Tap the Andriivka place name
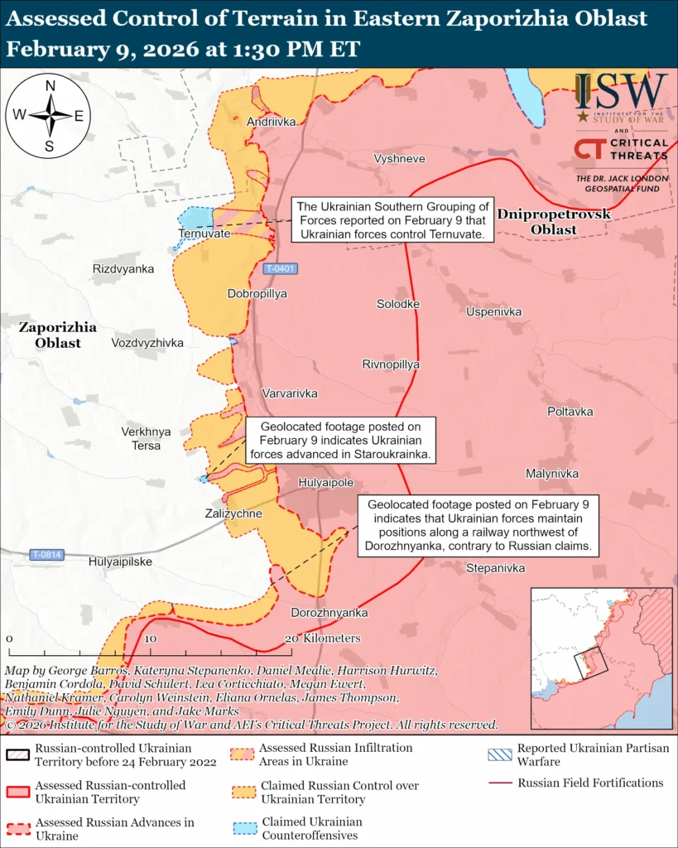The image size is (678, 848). (x=271, y=122)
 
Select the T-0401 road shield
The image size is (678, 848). (x=281, y=269)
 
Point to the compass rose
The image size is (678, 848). (x=49, y=115)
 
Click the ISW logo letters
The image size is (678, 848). (x=621, y=92)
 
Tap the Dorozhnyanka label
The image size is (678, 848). (x=329, y=613)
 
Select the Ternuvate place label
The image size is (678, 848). (x=204, y=234)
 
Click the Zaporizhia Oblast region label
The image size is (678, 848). (x=57, y=335)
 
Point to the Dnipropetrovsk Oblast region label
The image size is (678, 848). (x=553, y=221)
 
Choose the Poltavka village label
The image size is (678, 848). (x=570, y=412)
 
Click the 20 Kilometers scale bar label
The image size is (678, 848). (x=323, y=638)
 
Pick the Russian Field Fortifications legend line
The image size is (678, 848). (x=499, y=783)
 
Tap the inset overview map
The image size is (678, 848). (x=600, y=657)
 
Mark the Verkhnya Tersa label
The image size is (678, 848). (x=146, y=438)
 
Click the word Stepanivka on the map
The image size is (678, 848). (x=496, y=568)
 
